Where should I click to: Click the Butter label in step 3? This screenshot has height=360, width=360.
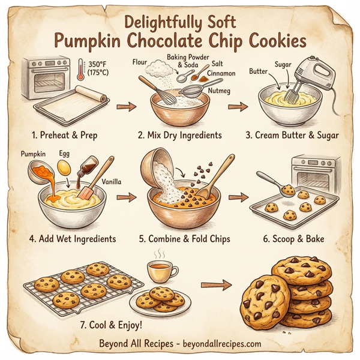point(257,71)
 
